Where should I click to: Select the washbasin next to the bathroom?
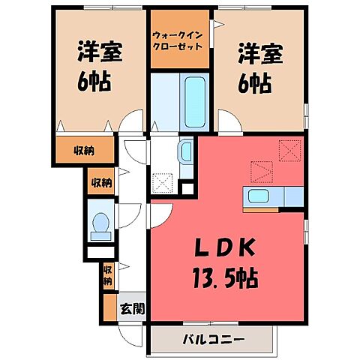pos(186,153)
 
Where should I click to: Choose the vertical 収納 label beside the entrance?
pos(108,276)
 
